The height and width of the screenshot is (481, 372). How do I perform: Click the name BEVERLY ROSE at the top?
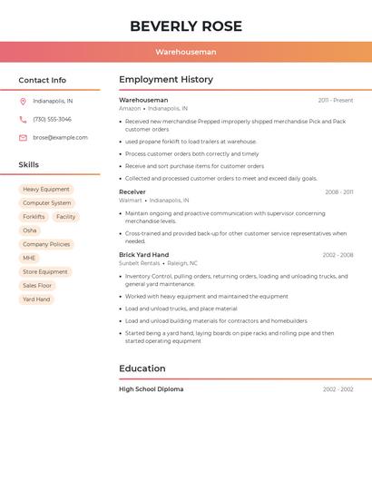click(x=185, y=25)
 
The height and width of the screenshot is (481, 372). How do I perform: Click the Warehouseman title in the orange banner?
click(x=185, y=52)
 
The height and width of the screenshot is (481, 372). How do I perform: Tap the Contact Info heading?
click(x=42, y=80)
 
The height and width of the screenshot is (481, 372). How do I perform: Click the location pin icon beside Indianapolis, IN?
click(x=23, y=102)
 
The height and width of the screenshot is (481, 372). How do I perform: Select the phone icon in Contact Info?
click(x=23, y=120)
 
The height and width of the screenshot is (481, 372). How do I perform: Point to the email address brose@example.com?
click(x=60, y=138)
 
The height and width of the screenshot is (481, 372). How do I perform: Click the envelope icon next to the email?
click(x=23, y=138)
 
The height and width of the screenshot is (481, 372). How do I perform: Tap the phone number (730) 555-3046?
click(x=52, y=120)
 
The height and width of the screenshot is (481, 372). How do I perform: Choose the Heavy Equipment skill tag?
click(x=45, y=190)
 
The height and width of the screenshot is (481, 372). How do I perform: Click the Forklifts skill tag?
click(x=34, y=217)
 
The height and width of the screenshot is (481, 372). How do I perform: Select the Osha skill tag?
click(x=30, y=231)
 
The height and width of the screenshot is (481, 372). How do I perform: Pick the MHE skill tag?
click(x=30, y=258)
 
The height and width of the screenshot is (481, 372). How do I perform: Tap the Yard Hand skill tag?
click(x=36, y=299)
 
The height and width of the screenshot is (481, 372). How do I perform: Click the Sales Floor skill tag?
click(x=37, y=285)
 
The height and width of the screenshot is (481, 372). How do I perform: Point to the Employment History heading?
click(x=166, y=80)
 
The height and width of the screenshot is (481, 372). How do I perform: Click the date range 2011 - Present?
click(x=335, y=101)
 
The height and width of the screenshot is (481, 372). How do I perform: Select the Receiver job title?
click(x=132, y=192)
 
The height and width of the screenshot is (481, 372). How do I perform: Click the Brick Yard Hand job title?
click(x=143, y=255)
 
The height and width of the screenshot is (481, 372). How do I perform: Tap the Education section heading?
click(x=142, y=368)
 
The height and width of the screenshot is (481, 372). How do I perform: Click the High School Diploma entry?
click(x=151, y=389)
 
